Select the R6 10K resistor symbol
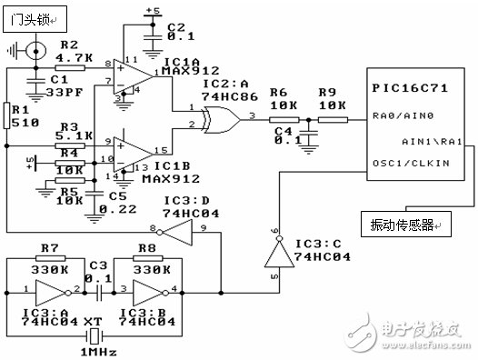click(283, 118)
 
